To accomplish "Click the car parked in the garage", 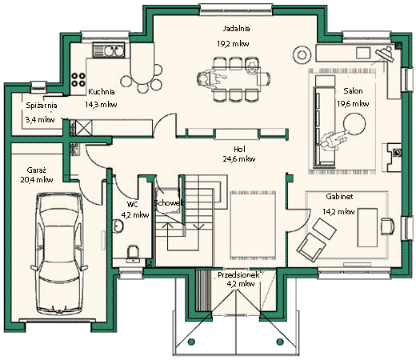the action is [59, 254].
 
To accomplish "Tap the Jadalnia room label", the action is [236, 29].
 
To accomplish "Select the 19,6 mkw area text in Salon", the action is [353, 104].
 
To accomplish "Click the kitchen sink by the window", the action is [109, 50].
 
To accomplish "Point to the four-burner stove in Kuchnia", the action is [78, 80].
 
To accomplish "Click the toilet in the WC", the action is [133, 254].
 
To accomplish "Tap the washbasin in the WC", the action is [118, 226].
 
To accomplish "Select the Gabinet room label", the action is [339, 197].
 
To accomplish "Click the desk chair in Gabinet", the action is [387, 226].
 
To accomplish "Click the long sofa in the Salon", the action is [324, 126].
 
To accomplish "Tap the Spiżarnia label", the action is [42, 106].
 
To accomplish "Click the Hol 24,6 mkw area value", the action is [239, 159].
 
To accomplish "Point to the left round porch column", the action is [191, 342].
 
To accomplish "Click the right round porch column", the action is [280, 342].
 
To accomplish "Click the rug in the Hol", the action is [253, 225].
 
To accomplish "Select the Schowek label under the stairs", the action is [169, 203].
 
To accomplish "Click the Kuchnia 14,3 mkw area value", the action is [101, 105].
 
